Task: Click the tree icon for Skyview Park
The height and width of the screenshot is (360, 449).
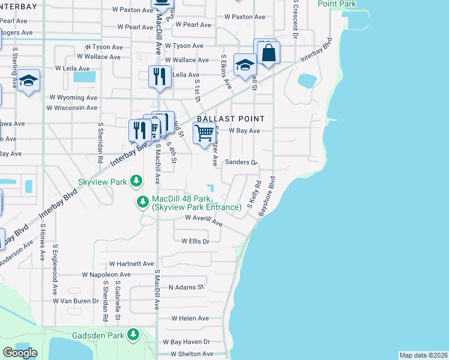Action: pos(137,181)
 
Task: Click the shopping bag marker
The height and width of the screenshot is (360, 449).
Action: pos(268,53)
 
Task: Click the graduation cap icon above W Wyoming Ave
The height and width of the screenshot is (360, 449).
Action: pos(28,81)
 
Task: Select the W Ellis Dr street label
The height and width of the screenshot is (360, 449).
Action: pos(195,241)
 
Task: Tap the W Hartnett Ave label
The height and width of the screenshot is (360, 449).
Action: pos(131,263)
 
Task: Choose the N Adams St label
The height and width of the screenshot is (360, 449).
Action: pos(187,287)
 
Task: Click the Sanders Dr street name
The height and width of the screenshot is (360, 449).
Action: pos(241,162)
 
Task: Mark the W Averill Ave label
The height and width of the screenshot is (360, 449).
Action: pos(203,220)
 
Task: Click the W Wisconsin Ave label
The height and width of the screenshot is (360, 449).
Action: pos(72,108)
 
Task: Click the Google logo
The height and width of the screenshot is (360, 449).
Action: pos(20,352)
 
